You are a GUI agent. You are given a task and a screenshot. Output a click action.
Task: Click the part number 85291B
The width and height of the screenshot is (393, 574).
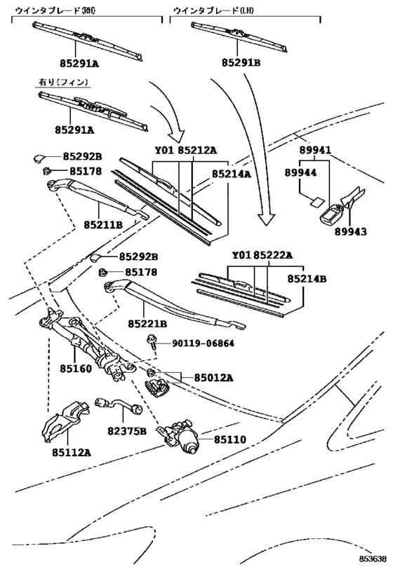tap(241, 63)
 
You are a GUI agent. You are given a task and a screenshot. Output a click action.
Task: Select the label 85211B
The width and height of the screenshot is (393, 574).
tap(103, 224)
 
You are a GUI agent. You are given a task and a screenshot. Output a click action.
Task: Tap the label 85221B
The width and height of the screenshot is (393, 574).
tap(147, 324)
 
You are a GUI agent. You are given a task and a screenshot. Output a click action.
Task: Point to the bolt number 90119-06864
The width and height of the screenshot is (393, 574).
tap(203, 343)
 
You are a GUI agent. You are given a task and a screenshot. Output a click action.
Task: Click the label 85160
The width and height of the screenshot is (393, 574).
tap(76, 368)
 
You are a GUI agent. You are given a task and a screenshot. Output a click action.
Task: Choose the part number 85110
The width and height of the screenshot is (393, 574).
tap(230, 439)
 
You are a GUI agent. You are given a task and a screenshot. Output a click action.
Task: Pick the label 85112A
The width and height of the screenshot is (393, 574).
tap(71, 453)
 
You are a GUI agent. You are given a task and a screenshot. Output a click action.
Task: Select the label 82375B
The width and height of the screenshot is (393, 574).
tap(127, 432)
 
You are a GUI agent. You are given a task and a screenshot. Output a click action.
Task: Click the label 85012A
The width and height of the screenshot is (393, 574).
tap(214, 378)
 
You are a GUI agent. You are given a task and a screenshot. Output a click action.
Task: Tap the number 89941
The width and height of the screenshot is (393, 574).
tap(315, 150)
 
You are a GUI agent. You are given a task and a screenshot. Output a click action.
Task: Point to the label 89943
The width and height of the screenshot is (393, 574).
tap(350, 232)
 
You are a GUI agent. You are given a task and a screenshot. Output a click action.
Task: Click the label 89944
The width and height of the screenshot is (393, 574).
tap(300, 172)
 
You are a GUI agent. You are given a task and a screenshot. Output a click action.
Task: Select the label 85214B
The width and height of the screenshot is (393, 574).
tap(307, 279)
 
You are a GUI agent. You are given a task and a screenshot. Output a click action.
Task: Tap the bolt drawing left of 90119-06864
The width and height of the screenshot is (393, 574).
tap(152, 341)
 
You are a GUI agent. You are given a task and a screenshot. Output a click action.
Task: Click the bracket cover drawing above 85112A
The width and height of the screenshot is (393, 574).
tap(66, 421)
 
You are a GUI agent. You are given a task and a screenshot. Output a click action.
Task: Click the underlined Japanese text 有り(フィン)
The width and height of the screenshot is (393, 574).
tap(64, 82)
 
